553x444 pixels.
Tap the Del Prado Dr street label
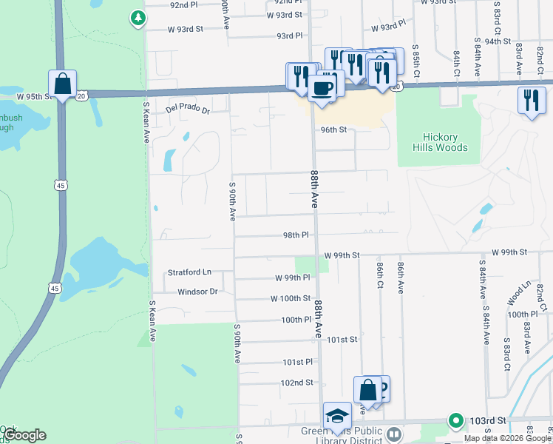click(x=188, y=110)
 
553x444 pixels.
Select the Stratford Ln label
click(x=189, y=272)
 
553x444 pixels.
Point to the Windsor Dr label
click(x=197, y=292)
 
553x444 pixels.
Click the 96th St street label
click(x=333, y=129)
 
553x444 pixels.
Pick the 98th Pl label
click(x=295, y=235)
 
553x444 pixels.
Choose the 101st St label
click(x=342, y=340)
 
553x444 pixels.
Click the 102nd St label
click(x=297, y=383)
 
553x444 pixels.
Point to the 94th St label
click(x=498, y=41)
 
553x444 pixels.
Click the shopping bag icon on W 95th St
click(x=63, y=84)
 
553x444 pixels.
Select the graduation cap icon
click(x=337, y=414)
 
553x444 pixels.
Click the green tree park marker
click(x=138, y=17)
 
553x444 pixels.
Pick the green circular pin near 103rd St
click(x=456, y=420)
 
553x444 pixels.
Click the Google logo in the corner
click(x=24, y=435)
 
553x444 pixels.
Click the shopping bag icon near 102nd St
click(x=367, y=389)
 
